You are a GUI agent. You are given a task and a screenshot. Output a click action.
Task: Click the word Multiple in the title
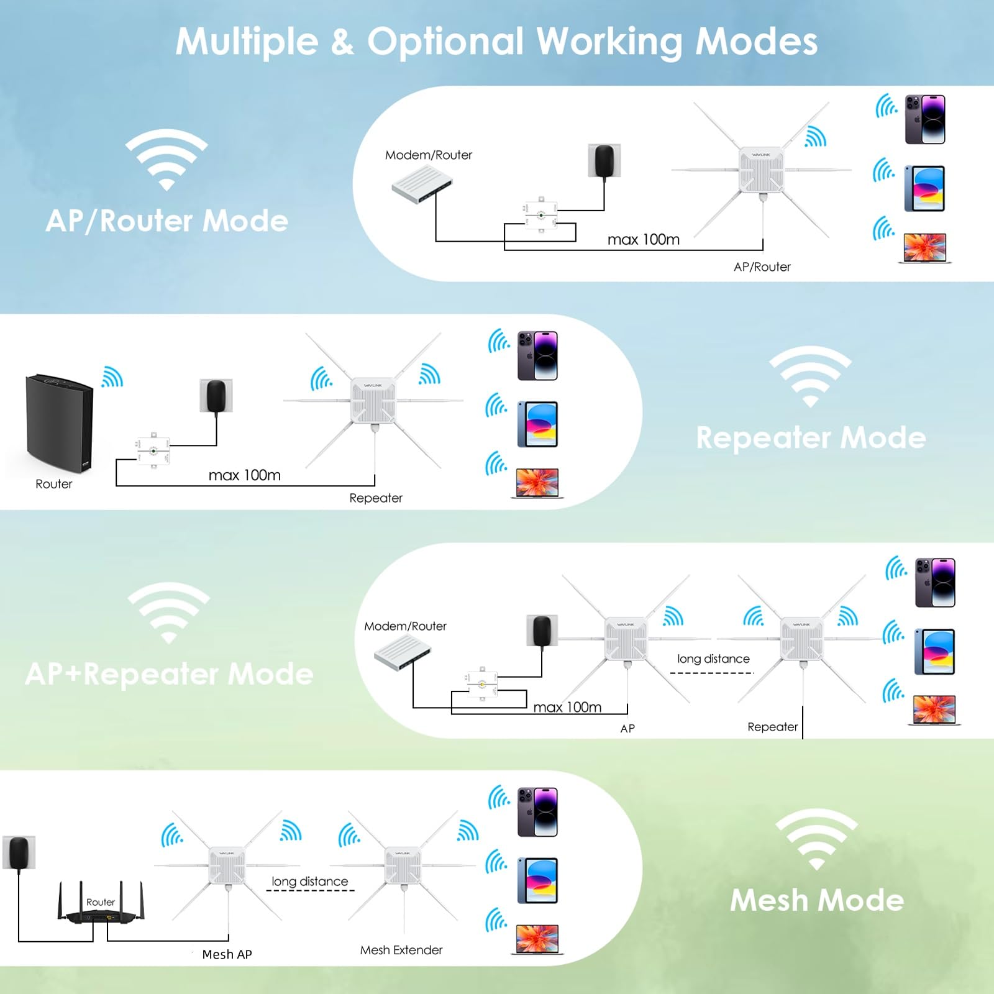[247, 42]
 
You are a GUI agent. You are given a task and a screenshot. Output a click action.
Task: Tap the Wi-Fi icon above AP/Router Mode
[166, 159]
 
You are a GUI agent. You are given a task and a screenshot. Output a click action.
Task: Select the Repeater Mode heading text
[811, 438]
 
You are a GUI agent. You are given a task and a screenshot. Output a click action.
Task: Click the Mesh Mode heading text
[816, 900]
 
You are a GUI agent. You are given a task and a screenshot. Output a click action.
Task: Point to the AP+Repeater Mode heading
[169, 674]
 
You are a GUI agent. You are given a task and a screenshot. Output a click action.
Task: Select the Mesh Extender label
[401, 950]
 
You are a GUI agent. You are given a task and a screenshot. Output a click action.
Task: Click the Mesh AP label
[227, 954]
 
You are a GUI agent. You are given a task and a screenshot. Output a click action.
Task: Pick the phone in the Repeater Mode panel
[537, 355]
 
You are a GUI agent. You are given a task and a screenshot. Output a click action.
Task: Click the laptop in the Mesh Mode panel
[537, 939]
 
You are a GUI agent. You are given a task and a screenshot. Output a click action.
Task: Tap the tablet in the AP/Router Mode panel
[924, 188]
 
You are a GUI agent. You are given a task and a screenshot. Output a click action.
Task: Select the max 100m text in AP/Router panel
[643, 240]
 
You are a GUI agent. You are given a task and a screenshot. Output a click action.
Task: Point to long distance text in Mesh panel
[309, 882]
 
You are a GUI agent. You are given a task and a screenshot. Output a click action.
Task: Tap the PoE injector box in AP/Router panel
[540, 216]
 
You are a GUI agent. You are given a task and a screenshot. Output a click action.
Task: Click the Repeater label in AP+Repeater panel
[772, 727]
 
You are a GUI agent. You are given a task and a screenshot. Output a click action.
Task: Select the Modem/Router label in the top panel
[428, 155]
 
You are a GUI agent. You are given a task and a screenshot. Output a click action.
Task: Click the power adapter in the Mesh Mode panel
[19, 853]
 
